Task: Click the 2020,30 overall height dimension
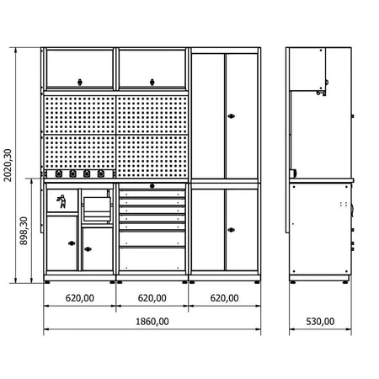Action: [x=8, y=165]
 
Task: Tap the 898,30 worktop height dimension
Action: [x=24, y=231]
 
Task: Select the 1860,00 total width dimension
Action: [x=152, y=322]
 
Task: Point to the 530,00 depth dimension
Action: [x=320, y=322]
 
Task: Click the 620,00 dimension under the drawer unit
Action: [x=152, y=298]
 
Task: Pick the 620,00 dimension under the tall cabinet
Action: [x=225, y=298]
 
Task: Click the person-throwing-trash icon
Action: [x=62, y=201]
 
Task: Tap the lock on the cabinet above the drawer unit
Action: [x=152, y=83]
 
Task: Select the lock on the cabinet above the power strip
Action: [x=80, y=83]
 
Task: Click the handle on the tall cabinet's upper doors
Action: [x=231, y=116]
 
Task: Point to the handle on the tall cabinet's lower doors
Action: [x=231, y=230]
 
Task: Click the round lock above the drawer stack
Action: [x=152, y=186]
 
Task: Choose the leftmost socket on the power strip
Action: [x=59, y=174]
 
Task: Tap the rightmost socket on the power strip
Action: [x=101, y=174]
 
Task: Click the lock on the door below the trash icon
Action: [x=72, y=243]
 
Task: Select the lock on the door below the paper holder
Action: [x=88, y=249]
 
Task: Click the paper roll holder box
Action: [x=97, y=209]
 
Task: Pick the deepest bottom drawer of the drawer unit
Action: [x=152, y=259]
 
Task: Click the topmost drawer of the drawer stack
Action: [x=152, y=194]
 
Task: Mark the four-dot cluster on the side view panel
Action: [x=344, y=204]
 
